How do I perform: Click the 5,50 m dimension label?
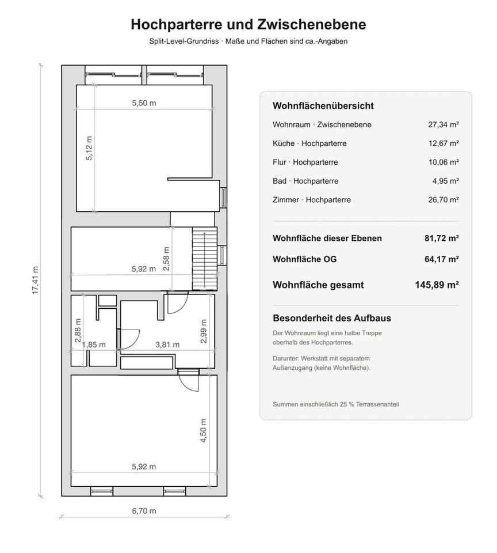[144, 103]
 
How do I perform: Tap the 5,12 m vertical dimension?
[89, 148]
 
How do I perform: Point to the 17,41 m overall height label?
[35, 281]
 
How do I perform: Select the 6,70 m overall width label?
[144, 511]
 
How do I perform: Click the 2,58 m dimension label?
[166, 259]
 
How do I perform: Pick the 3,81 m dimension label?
[167, 344]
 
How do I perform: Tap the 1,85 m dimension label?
[94, 344]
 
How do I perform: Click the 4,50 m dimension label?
[203, 431]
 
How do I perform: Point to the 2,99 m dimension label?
[203, 331]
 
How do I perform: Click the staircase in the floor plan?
[204, 259]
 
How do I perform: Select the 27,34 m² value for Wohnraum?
[443, 124]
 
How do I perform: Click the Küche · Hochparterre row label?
[309, 143]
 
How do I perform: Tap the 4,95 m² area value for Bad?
[445, 181]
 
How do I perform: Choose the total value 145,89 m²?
[437, 285]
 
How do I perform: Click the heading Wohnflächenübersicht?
[323, 106]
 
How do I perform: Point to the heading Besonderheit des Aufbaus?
[332, 318]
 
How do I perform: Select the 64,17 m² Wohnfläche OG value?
[441, 259]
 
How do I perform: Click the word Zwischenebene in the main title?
[312, 24]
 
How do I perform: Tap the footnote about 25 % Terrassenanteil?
[336, 404]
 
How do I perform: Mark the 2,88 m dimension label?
[78, 331]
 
